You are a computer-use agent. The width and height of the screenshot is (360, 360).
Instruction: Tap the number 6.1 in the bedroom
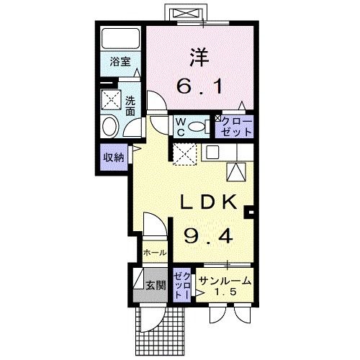pyautogui.click(x=201, y=86)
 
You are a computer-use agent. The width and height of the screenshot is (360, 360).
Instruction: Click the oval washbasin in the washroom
pyautogui.click(x=111, y=127)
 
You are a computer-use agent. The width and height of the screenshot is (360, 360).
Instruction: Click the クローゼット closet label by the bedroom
pyautogui.click(x=235, y=127)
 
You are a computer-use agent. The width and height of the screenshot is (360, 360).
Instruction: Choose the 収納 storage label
pyautogui.click(x=113, y=156)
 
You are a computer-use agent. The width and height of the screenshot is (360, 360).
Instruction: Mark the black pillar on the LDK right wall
pyautogui.click(x=249, y=212)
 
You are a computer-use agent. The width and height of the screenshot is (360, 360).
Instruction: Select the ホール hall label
pyautogui.click(x=155, y=253)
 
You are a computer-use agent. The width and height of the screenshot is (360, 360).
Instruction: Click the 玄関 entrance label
pyautogui.click(x=155, y=285)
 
